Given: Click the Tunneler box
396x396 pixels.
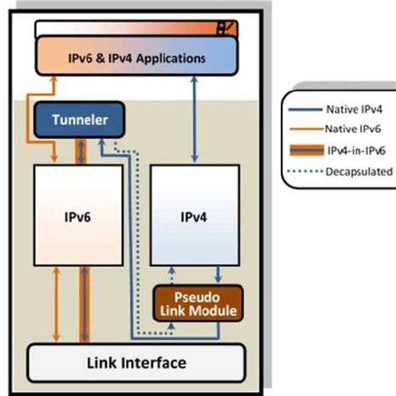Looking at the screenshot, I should (78, 120).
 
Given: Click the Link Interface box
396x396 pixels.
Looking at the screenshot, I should (137, 362).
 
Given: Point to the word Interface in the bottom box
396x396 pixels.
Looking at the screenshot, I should (157, 362).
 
